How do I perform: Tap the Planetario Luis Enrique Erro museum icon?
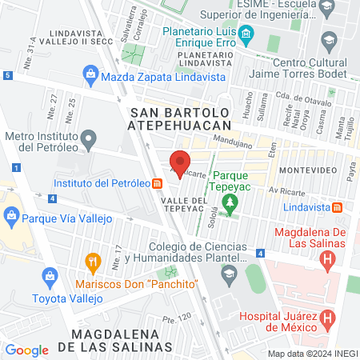[x=246, y=34]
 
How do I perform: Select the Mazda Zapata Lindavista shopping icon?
[x=90, y=76]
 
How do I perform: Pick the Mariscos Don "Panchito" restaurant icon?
[x=93, y=262]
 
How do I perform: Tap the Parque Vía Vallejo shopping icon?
[x=11, y=215]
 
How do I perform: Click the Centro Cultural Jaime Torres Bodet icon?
[x=329, y=38]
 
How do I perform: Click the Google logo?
[x=27, y=350]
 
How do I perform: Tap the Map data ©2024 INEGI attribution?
[x=312, y=354]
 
